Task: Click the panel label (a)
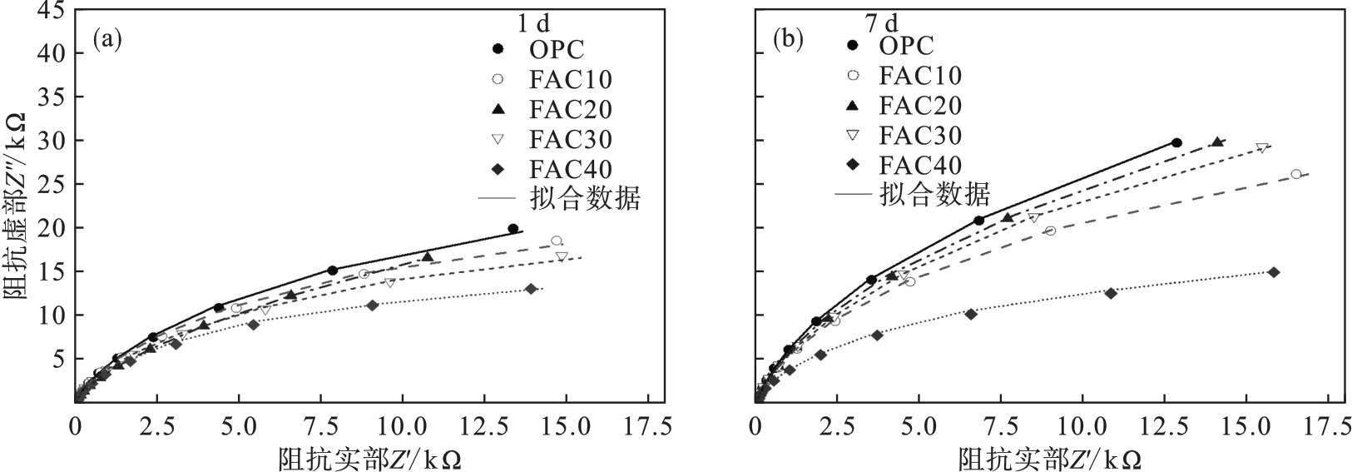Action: [x=108, y=39]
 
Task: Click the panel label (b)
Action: [x=787, y=39]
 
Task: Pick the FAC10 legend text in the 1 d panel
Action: [x=570, y=79]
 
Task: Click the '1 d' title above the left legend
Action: [x=533, y=23]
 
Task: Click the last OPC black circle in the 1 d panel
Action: [x=513, y=229]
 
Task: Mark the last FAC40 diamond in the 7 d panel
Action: [x=1273, y=272]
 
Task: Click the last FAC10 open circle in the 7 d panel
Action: [x=1295, y=174]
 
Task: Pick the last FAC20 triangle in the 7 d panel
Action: [x=1217, y=142]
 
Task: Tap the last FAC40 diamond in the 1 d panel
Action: [x=531, y=289]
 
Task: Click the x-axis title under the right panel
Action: [x=1049, y=459]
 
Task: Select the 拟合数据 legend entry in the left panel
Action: [x=582, y=199]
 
